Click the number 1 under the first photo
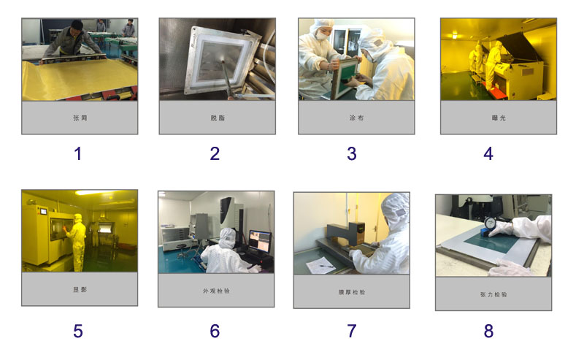point(78,153)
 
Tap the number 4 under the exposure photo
point(488,153)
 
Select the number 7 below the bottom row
point(352,331)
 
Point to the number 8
point(488,331)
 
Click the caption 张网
point(80,118)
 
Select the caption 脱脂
point(218,118)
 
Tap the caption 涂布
point(356,118)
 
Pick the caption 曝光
point(499,118)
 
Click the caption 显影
point(80,289)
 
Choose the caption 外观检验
point(216,291)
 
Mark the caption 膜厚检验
point(352,292)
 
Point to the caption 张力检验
point(493,294)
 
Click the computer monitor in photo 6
point(260,242)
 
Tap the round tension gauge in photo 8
point(489,223)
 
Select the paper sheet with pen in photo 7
point(320,266)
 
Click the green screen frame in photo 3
point(345,78)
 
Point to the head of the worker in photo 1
point(77,27)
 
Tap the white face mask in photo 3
point(322,36)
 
